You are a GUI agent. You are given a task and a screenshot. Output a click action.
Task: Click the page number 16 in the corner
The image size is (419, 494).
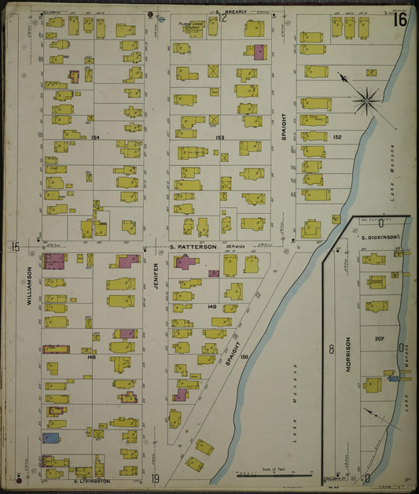(x=401, y=19)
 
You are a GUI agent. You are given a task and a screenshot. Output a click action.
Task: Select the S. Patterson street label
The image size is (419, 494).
(x=193, y=246)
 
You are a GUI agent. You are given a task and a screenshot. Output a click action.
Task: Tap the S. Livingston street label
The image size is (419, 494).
(x=91, y=480)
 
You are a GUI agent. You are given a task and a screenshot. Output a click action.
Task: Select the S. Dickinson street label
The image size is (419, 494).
(x=377, y=237)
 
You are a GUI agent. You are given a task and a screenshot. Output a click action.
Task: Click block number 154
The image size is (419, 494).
(x=96, y=138)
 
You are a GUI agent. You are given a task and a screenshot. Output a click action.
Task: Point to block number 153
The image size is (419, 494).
(x=221, y=138)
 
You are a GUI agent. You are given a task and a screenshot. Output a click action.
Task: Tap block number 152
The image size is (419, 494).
(x=337, y=137)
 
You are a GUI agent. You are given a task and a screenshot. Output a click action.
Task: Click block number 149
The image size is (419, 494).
(x=211, y=307)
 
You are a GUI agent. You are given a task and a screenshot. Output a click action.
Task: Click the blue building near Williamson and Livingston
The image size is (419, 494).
(x=51, y=437)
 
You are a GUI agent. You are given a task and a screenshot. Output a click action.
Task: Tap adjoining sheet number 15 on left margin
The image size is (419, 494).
(x=14, y=247)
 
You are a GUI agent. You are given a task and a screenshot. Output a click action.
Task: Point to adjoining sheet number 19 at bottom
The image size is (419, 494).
(x=156, y=479)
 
